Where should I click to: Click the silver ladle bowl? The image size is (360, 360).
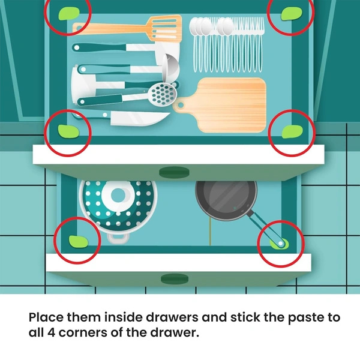tap(170, 68)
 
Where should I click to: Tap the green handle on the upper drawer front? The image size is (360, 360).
tap(174, 172)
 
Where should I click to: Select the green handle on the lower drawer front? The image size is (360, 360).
tap(175, 278)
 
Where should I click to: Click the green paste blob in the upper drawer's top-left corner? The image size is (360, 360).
tap(68, 14)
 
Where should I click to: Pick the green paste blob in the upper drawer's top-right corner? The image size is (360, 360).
tap(292, 13)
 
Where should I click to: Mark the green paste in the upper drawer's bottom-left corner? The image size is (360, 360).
tap(68, 131)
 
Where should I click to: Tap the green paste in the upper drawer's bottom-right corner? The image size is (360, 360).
tap(292, 132)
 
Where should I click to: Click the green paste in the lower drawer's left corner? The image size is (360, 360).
tap(79, 242)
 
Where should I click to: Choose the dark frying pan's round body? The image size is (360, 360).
tap(226, 199)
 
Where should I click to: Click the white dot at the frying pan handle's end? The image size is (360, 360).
tap(280, 243)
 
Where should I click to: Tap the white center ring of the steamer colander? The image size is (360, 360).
tap(118, 195)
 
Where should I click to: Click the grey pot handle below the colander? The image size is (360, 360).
tap(118, 238)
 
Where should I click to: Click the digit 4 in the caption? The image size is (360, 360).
tap(51, 332)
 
